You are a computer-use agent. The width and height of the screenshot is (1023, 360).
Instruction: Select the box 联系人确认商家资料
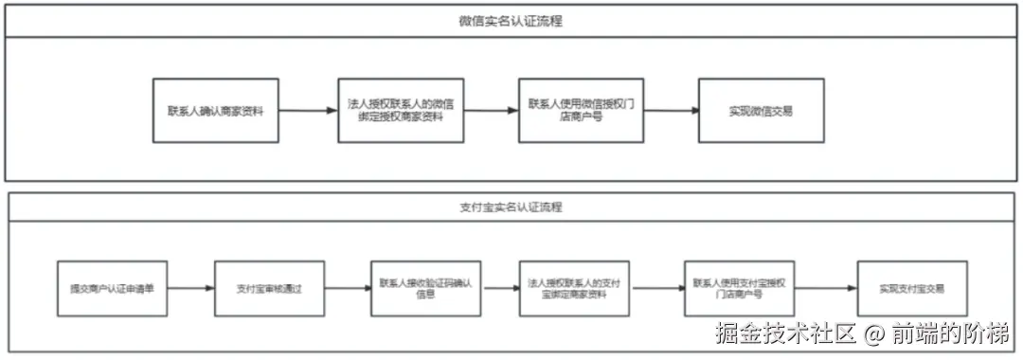216,111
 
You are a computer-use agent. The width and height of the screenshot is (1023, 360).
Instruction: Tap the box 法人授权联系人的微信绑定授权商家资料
401,111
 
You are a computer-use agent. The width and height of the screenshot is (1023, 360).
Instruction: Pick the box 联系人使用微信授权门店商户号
581,111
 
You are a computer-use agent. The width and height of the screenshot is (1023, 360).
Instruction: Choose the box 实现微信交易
761,111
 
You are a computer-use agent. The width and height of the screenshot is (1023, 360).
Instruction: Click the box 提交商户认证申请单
112,288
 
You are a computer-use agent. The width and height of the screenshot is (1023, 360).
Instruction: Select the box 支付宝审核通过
269,288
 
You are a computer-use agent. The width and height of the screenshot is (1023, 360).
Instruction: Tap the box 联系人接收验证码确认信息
425,288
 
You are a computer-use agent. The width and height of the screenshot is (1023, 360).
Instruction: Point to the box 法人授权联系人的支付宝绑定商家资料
575,288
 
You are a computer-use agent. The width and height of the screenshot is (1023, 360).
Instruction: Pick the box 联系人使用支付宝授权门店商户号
739,288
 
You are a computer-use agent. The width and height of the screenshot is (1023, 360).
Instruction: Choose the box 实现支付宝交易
911,288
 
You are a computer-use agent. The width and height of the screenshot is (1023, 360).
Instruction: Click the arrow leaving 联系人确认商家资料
308,111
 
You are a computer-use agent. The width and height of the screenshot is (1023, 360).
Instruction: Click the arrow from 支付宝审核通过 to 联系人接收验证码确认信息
347,288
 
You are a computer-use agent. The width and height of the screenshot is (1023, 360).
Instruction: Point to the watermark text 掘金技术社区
785,333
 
